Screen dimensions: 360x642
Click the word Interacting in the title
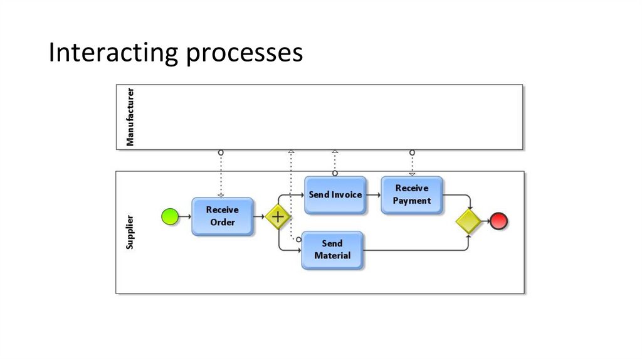113,53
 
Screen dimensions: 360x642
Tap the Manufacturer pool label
130,117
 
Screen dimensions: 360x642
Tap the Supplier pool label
130,232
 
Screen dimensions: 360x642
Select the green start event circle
170,217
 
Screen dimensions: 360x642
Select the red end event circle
499,221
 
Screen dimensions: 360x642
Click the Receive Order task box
223,216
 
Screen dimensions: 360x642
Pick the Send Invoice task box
335,195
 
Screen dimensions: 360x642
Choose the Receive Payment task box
412,194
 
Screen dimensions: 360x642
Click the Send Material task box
332,250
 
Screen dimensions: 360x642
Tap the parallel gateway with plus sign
277,217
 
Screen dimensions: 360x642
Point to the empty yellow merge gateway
468,221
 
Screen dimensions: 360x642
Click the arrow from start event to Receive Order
185,217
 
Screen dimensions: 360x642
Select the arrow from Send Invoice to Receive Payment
374,195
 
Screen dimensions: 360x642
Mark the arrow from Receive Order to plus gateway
260,217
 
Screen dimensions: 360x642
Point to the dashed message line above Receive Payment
412,163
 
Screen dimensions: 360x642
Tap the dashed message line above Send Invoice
335,162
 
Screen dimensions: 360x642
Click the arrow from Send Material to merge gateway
417,250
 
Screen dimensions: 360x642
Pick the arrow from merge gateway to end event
485,221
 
